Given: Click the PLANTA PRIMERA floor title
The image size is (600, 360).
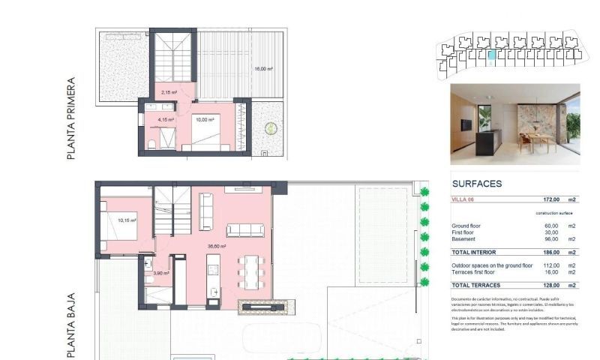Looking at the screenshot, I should click(x=72, y=118).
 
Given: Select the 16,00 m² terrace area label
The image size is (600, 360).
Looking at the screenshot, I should click(x=262, y=69).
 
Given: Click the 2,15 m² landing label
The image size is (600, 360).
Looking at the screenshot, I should click(x=169, y=93).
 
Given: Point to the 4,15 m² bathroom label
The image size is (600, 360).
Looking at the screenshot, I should click(x=166, y=119).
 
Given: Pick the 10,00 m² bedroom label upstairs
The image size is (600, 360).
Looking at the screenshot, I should click(x=205, y=119).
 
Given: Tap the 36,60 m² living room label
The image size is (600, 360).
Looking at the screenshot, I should click(x=218, y=245).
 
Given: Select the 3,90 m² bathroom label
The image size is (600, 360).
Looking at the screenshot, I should click(x=160, y=273).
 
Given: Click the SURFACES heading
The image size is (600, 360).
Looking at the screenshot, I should click(x=477, y=184).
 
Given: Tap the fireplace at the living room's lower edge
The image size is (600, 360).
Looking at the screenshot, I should click(x=261, y=306).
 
